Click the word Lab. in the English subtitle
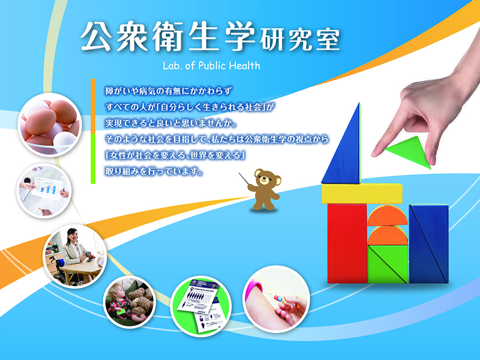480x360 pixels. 173,65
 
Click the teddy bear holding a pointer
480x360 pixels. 264,189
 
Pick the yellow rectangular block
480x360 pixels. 362,193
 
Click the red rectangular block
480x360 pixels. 347,244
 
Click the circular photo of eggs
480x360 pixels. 50,125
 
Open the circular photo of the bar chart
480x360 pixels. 44,191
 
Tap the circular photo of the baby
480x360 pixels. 130,302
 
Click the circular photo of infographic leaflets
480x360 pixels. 201,306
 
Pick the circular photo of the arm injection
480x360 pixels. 276,299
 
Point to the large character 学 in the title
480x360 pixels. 239,36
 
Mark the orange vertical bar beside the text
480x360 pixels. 93,106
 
